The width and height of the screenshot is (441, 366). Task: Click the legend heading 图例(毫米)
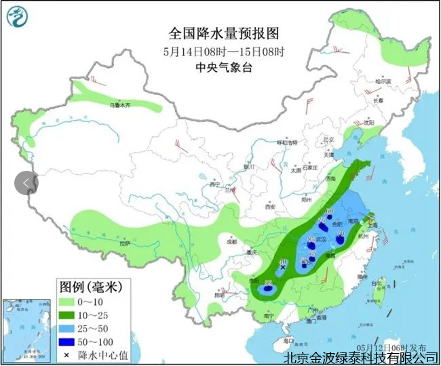(90, 287)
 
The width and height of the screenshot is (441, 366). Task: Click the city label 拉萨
(123, 243)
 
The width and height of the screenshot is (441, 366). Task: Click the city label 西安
(271, 206)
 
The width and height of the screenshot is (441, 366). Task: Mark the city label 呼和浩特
(287, 143)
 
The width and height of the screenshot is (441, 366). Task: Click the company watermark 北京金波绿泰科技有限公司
(360, 357)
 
